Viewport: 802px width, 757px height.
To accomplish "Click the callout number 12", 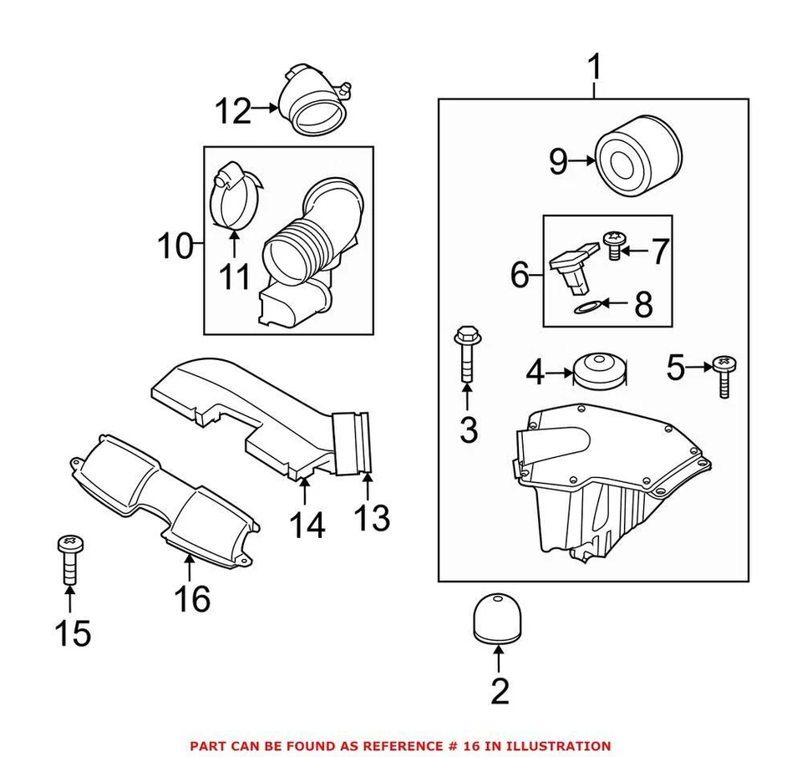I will [233, 110].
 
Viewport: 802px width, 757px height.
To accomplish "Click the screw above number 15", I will [69, 559].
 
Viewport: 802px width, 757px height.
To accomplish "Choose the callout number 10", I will [175, 246].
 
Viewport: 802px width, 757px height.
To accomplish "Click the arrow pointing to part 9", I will [581, 161].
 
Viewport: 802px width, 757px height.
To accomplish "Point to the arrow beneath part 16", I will [189, 568].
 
